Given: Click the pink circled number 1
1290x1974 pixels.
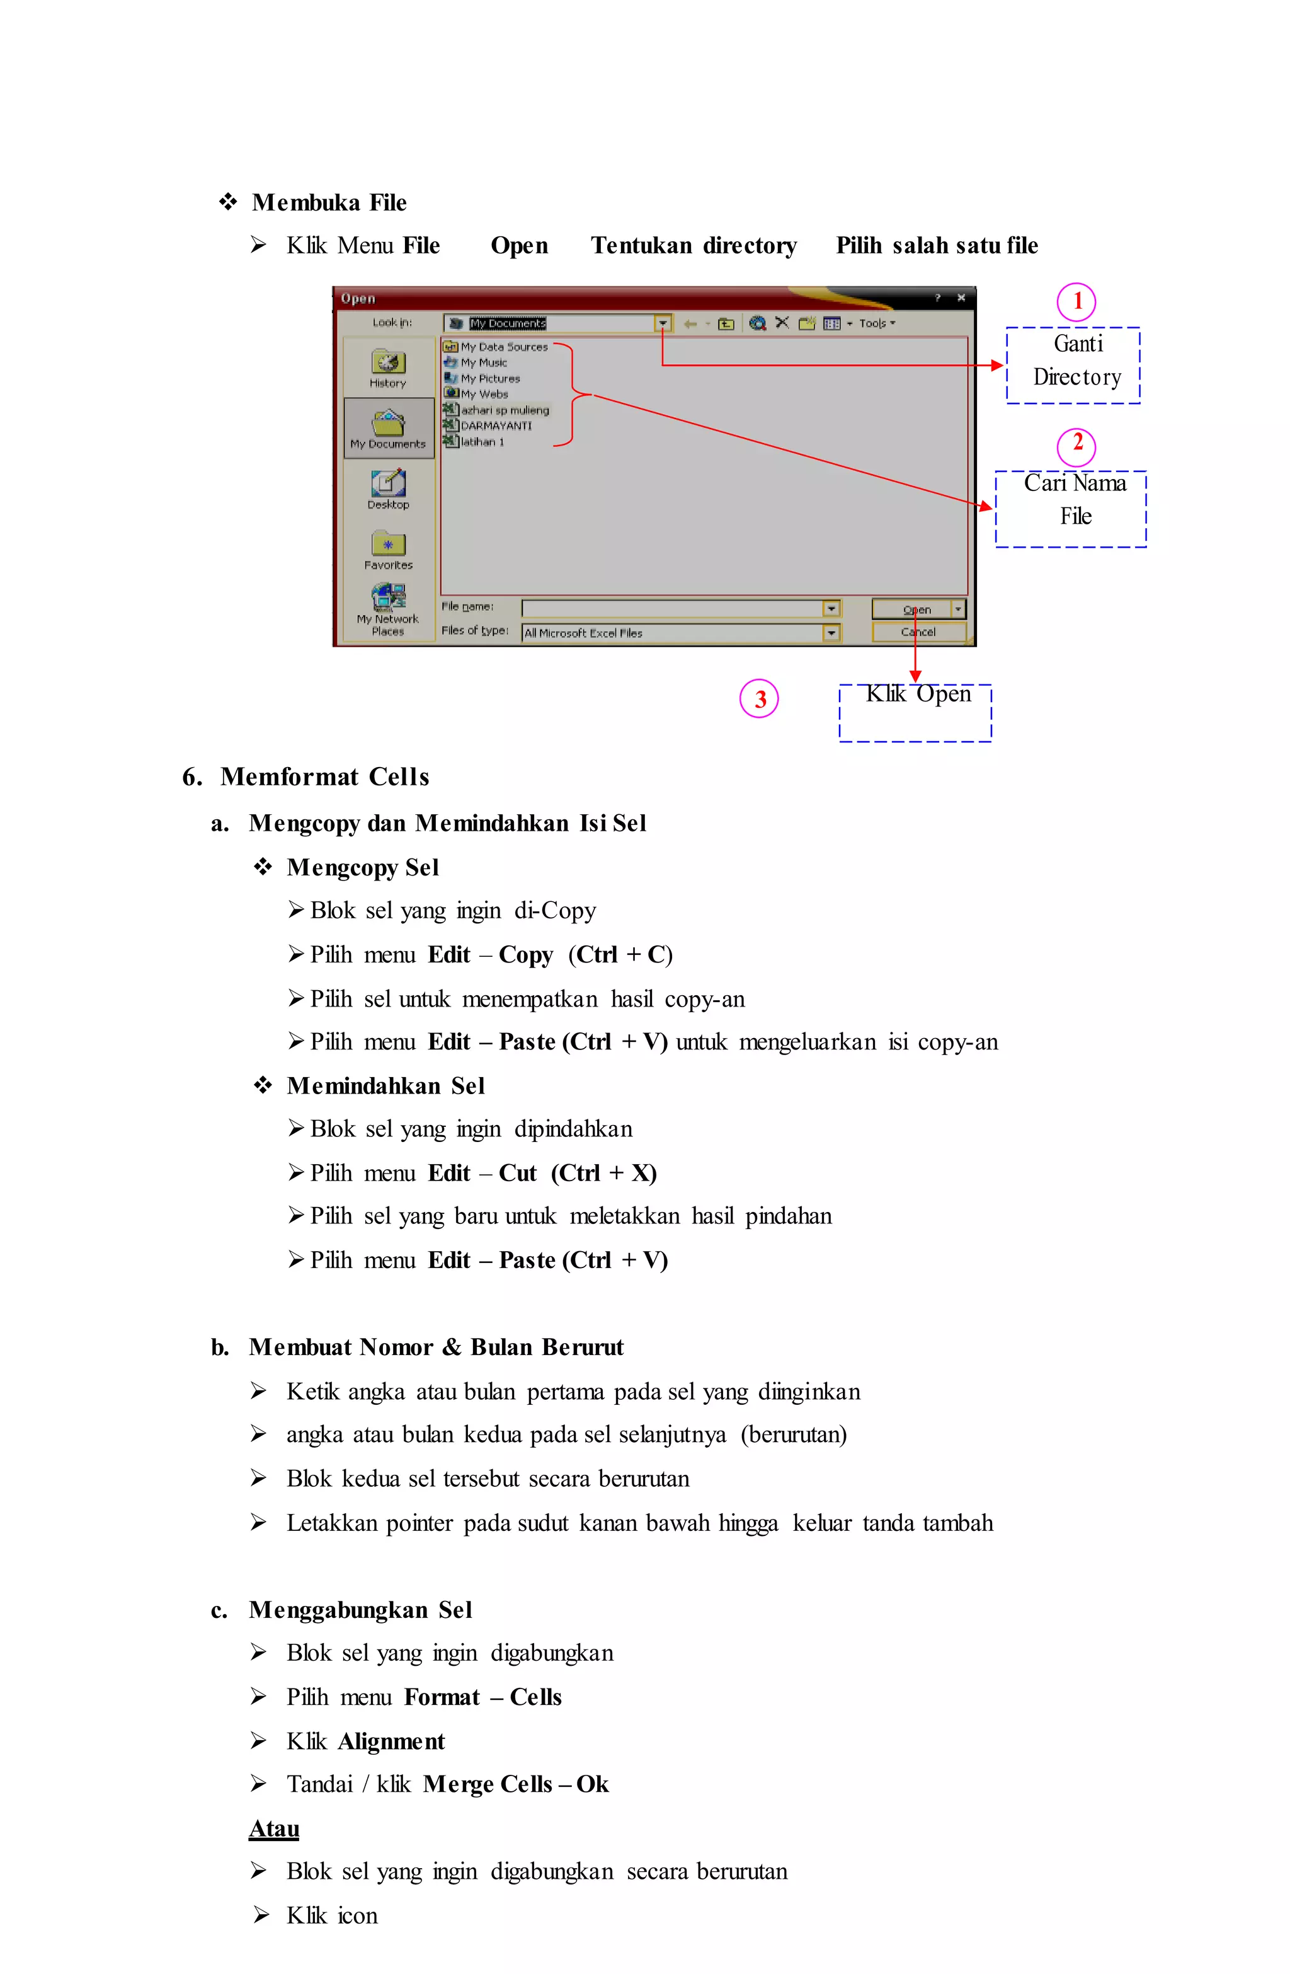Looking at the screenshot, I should [1076, 302].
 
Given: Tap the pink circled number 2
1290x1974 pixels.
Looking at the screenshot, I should [1076, 446].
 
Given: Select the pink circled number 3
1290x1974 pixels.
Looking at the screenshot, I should [758, 698].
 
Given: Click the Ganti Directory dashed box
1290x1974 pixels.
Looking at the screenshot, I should [1073, 365].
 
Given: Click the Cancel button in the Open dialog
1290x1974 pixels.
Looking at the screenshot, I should [918, 632].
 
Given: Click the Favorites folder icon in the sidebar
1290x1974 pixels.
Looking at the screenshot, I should [388, 544].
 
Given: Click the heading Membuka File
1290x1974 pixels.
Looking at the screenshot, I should [329, 202].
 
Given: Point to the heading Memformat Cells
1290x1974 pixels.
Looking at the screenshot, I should [324, 776].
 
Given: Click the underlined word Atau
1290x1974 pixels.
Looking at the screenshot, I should [273, 1828].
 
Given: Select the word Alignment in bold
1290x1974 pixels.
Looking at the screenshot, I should [391, 1741].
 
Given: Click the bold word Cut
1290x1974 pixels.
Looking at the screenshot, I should [517, 1173].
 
